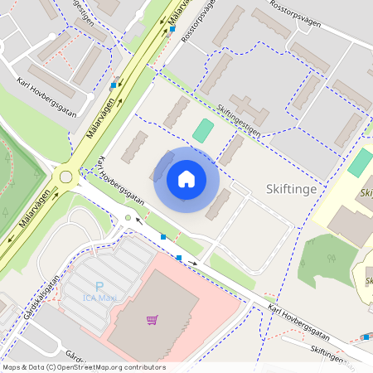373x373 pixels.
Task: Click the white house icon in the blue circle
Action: click(186, 178)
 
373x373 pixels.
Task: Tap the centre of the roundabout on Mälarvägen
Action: click(65, 176)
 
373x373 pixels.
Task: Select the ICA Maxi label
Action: click(102, 298)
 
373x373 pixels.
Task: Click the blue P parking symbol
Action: click(99, 287)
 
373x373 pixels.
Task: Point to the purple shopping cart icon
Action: click(152, 319)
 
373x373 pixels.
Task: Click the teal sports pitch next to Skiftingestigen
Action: click(202, 130)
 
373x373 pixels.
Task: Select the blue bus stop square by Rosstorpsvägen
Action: click(172, 28)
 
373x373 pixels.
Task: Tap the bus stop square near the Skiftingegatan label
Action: click(366, 337)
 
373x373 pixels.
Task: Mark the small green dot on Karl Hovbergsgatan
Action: click(128, 217)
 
